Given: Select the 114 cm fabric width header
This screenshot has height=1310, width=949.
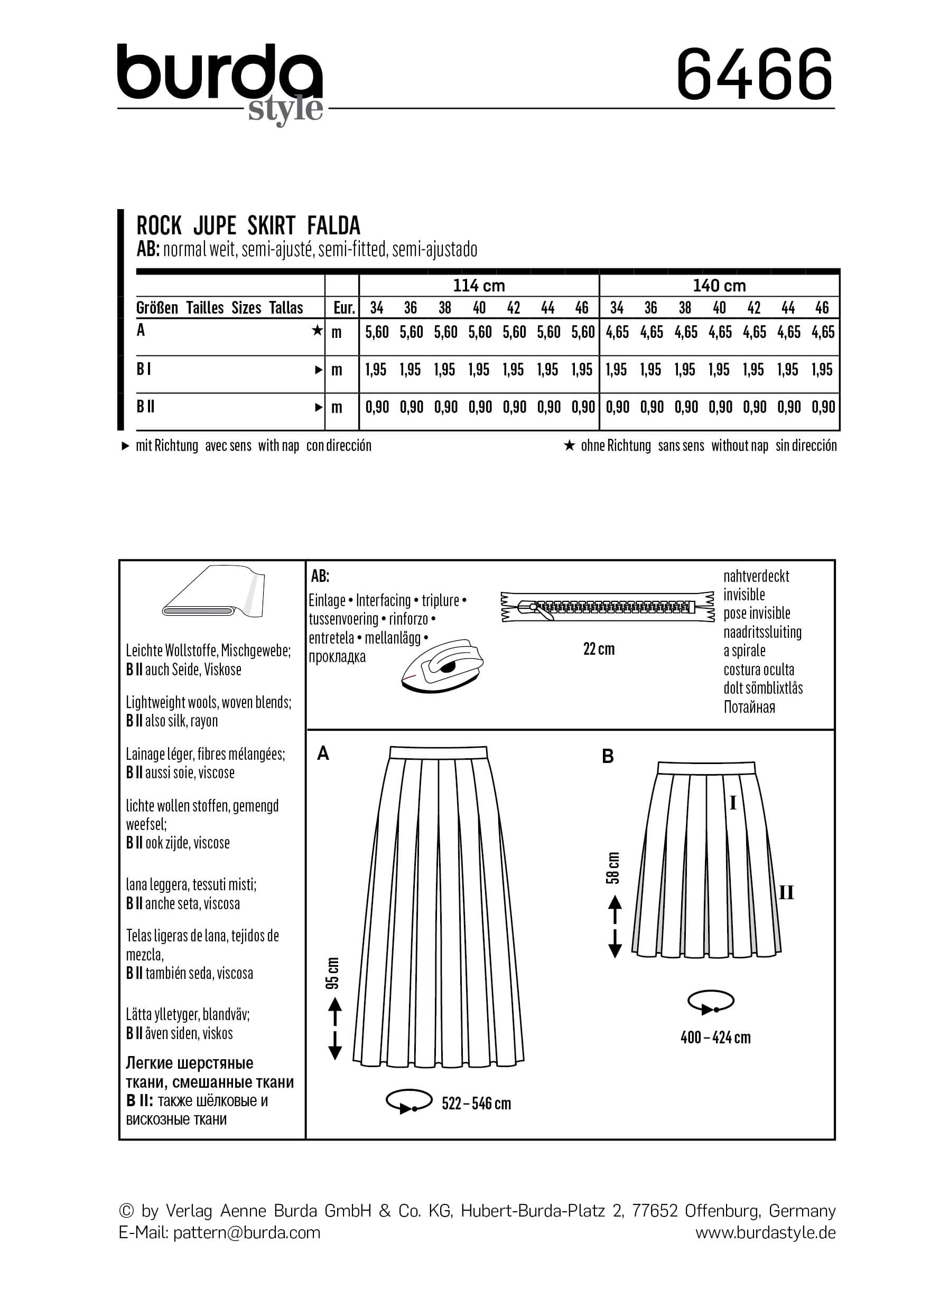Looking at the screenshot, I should pos(479,285).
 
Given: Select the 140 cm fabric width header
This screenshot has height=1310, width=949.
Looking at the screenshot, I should pos(719,285).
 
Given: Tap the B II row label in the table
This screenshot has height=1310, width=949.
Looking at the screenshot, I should pos(145,407).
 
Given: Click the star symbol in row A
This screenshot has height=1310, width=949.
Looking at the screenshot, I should pos(317,331).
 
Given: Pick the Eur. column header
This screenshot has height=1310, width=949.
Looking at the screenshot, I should pos(343,308).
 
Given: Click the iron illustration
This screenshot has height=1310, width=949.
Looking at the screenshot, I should pos(442,666).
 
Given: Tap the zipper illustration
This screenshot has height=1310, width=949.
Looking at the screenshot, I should pos(607,607).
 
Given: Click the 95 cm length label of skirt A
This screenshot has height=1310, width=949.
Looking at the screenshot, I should pos(333,973).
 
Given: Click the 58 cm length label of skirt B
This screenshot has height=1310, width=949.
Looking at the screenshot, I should pos(613,868).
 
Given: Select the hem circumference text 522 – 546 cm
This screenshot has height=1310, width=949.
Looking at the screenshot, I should pos(476,1104).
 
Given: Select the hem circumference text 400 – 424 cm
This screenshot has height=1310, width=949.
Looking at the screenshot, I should pos(715,1038).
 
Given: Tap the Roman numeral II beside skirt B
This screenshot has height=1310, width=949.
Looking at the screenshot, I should pos(786,893).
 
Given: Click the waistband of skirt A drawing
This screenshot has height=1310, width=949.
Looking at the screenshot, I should pos(438,752).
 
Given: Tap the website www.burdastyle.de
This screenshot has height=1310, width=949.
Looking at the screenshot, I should pos(765,1232).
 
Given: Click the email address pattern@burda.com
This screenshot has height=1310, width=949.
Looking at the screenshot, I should pos(246,1232).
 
